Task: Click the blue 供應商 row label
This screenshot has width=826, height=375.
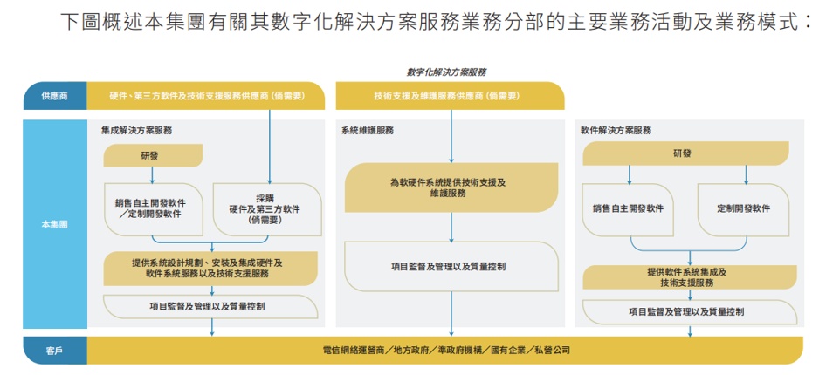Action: [54, 96]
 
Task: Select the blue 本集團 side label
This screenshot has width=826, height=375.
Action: [54, 224]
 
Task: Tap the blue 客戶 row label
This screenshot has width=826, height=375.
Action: [54, 351]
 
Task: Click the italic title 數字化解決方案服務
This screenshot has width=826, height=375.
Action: [446, 72]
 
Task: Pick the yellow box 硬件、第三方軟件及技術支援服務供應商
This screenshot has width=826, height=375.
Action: [205, 96]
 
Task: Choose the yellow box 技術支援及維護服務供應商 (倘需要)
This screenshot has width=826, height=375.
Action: [447, 96]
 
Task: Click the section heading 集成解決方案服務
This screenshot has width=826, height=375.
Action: [136, 130]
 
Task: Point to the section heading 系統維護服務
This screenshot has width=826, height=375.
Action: [368, 130]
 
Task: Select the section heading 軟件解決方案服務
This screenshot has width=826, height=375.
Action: [616, 130]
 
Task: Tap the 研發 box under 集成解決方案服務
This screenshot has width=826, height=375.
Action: [152, 155]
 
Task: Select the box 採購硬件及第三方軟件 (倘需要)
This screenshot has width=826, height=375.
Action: [265, 209]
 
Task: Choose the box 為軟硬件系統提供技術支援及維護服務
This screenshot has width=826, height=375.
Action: [451, 187]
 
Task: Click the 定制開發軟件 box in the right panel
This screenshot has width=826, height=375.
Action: [743, 209]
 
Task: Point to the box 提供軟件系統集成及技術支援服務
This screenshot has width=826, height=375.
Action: [687, 277]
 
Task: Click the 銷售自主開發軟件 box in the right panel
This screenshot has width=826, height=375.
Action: [628, 209]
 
